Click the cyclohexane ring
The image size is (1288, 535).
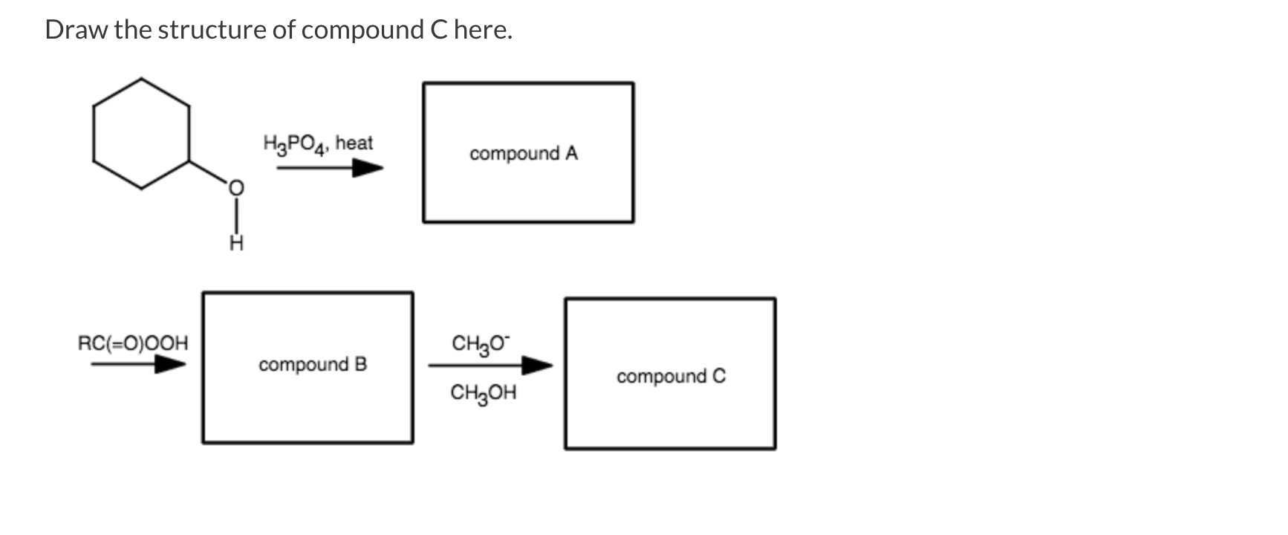pyautogui.click(x=141, y=134)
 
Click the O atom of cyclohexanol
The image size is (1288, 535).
pyautogui.click(x=235, y=189)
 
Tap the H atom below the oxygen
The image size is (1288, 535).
pyautogui.click(x=235, y=243)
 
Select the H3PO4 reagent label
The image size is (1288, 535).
pyautogui.click(x=295, y=143)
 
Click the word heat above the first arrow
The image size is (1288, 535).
pyautogui.click(x=354, y=142)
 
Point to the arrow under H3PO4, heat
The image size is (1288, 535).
pyautogui.click(x=330, y=168)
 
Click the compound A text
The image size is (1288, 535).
pyautogui.click(x=524, y=153)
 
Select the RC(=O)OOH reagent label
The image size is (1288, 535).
pyautogui.click(x=134, y=343)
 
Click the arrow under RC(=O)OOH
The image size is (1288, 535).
pyautogui.click(x=138, y=364)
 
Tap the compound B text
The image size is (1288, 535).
pyautogui.click(x=313, y=365)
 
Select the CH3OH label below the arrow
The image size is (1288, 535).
pyautogui.click(x=483, y=392)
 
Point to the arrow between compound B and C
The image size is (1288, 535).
pyautogui.click(x=490, y=366)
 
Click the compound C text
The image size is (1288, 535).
pyautogui.click(x=671, y=376)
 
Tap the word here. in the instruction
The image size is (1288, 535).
pyautogui.click(x=483, y=30)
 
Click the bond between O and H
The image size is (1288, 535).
pyautogui.click(x=235, y=216)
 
